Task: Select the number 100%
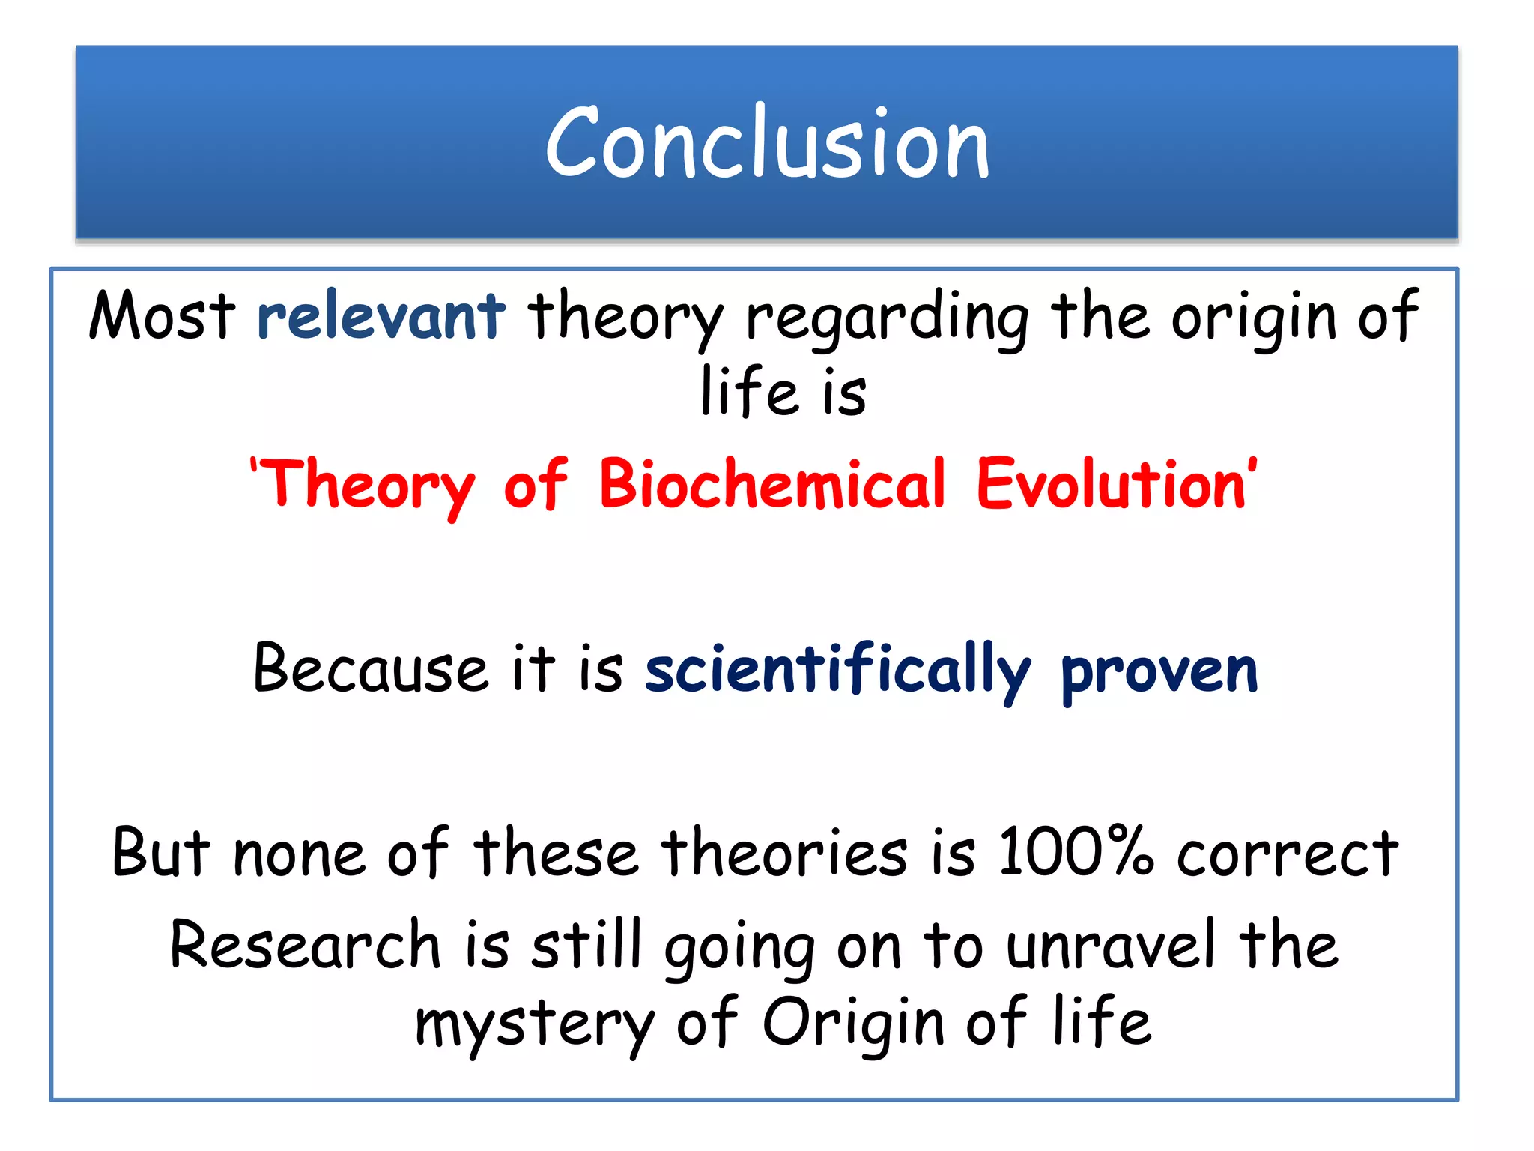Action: [1076, 851]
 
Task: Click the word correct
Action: [1286, 854]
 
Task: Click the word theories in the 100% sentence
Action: [783, 853]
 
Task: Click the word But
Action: [161, 853]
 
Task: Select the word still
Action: [587, 944]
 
